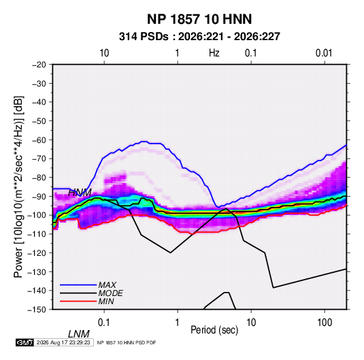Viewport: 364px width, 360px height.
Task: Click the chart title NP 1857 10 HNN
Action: (199, 19)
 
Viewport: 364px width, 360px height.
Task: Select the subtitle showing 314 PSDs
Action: (199, 37)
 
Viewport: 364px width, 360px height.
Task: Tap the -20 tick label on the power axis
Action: (39, 65)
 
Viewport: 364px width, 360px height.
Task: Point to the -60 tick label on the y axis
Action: (39, 140)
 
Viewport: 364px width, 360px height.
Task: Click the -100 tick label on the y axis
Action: (37, 215)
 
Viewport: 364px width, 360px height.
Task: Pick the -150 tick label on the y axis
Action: (37, 310)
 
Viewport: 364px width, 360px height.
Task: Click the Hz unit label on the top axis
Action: (214, 53)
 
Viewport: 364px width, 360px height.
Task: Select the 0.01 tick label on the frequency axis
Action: (324, 53)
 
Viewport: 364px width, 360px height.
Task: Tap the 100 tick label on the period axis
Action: (325, 323)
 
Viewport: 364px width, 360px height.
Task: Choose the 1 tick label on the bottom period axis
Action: (178, 323)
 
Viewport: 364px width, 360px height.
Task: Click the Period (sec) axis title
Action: (214, 330)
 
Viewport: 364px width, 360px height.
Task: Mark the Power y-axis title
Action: (18, 187)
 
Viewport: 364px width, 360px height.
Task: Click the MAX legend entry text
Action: (107, 284)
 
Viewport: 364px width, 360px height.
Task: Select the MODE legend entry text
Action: (110, 293)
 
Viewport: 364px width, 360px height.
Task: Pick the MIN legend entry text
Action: (106, 301)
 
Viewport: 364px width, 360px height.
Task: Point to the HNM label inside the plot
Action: (80, 193)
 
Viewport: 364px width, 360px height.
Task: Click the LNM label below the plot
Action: (79, 334)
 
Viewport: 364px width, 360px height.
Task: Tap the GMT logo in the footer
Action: (24, 342)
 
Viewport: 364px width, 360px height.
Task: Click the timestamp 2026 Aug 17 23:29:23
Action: (63, 342)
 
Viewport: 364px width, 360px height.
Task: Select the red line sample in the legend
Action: (78, 301)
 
